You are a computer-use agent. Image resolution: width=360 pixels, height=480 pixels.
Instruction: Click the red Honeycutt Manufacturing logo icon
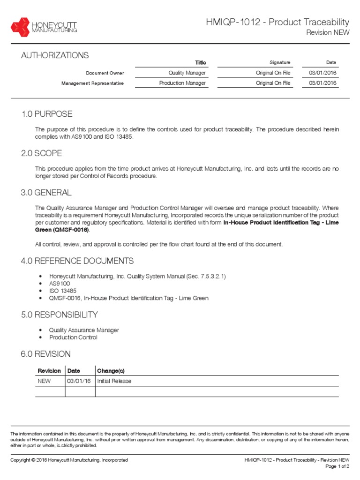pyautogui.click(x=20, y=27)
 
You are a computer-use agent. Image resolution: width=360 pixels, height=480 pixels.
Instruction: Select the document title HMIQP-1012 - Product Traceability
pyautogui.click(x=277, y=22)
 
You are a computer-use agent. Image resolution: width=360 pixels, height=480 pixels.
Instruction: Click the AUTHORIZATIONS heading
pyautogui.click(x=54, y=55)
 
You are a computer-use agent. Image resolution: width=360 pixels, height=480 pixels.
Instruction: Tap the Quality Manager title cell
pyautogui.click(x=187, y=73)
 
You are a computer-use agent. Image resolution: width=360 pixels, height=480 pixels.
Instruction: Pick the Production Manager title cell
pyautogui.click(x=182, y=83)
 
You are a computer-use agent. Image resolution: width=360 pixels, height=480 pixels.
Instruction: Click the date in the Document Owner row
pyautogui.click(x=322, y=73)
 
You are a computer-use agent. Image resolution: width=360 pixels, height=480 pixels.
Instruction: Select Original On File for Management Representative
pyautogui.click(x=273, y=83)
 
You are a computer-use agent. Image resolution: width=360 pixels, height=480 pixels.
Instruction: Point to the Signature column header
pyautogui.click(x=280, y=62)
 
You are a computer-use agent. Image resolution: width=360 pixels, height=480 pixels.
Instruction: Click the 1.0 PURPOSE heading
pyautogui.click(x=47, y=114)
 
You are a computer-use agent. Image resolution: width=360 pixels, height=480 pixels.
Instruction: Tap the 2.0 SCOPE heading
pyautogui.click(x=42, y=154)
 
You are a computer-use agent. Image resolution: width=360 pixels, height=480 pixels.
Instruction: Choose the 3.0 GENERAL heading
pyautogui.click(x=46, y=193)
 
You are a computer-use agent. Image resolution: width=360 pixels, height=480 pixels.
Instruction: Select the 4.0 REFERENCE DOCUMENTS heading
pyautogui.click(x=77, y=261)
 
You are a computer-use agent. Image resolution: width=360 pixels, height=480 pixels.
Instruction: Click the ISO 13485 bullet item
pyautogui.click(x=63, y=291)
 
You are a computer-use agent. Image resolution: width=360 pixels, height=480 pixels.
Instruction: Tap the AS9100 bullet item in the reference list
pyautogui.click(x=60, y=284)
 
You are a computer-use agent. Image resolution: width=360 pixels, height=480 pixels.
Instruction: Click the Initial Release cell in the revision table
pyautogui.click(x=114, y=381)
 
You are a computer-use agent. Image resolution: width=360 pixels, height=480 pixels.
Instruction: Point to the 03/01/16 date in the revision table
pyautogui.click(x=79, y=381)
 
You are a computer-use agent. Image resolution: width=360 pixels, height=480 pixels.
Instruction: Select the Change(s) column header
pyautogui.click(x=111, y=371)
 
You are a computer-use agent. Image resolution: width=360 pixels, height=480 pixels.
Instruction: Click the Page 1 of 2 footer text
pyautogui.click(x=337, y=467)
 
